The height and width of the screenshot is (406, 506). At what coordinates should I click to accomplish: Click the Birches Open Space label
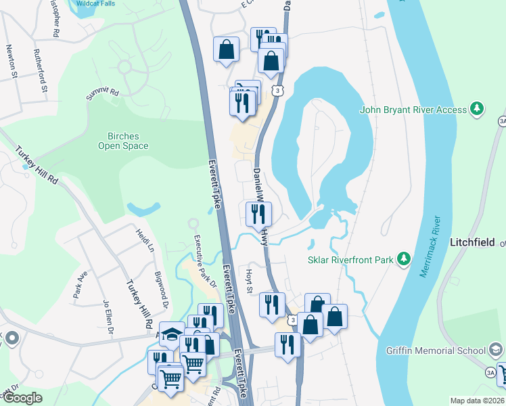[x=122, y=140]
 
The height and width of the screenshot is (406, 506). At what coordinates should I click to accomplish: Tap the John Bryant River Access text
[x=413, y=110]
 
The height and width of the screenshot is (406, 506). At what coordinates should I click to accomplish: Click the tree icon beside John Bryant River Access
[x=477, y=108]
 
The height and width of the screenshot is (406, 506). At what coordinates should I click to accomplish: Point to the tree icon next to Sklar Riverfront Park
[x=404, y=258]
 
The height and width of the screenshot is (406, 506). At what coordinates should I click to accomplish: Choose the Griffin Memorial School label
[x=435, y=350]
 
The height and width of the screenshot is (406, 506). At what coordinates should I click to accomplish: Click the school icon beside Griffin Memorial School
[x=495, y=350]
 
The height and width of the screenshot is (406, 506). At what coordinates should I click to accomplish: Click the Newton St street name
[x=11, y=62]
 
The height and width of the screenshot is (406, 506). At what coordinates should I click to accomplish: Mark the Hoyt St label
[x=249, y=280]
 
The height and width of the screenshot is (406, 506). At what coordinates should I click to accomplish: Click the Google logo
[x=22, y=398]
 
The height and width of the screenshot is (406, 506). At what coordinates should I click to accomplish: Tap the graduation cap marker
[x=172, y=334]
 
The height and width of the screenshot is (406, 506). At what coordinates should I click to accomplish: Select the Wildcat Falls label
[x=95, y=3]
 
